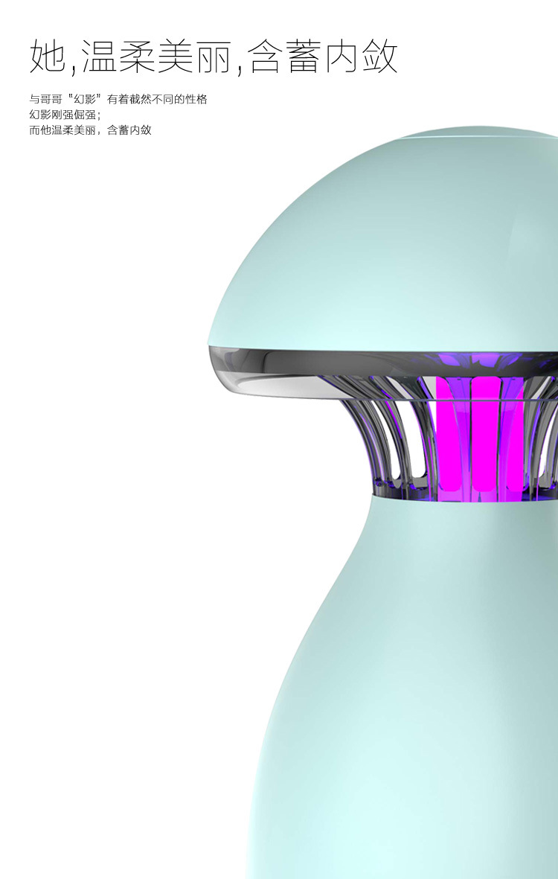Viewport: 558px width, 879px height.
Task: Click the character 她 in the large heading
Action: [x=47, y=56]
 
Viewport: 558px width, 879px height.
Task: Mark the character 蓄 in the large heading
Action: [x=304, y=56]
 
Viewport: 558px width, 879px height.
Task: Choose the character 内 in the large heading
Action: [x=341, y=56]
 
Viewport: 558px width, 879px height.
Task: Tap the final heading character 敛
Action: [x=379, y=56]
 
